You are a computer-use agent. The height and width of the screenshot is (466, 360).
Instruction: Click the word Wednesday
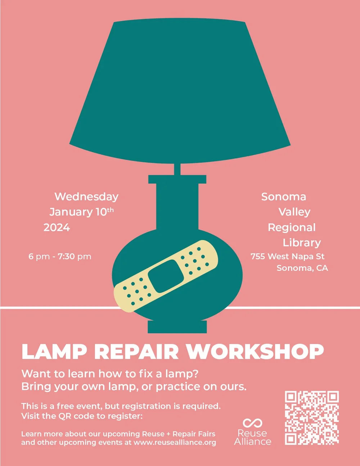86,197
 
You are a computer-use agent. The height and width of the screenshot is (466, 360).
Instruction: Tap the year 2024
57,228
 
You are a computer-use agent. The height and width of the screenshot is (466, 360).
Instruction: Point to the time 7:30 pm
75,257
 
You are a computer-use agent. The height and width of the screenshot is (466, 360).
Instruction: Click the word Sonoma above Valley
284,197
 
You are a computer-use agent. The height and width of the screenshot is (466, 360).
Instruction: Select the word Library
302,243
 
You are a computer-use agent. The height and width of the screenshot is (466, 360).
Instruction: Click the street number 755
258,256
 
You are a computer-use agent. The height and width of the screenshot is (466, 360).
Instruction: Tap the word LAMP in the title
54,352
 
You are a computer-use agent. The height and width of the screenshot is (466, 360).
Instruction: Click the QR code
312,418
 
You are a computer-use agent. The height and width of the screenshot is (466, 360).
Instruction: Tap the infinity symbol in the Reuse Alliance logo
252,423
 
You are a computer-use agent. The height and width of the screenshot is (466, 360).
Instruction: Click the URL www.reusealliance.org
175,443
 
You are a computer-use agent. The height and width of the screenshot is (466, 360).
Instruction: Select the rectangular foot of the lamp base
177,327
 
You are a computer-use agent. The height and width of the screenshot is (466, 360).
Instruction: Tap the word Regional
292,228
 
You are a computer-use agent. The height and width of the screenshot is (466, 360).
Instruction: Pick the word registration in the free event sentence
147,406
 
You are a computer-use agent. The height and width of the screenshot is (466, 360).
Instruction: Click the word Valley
294,212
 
